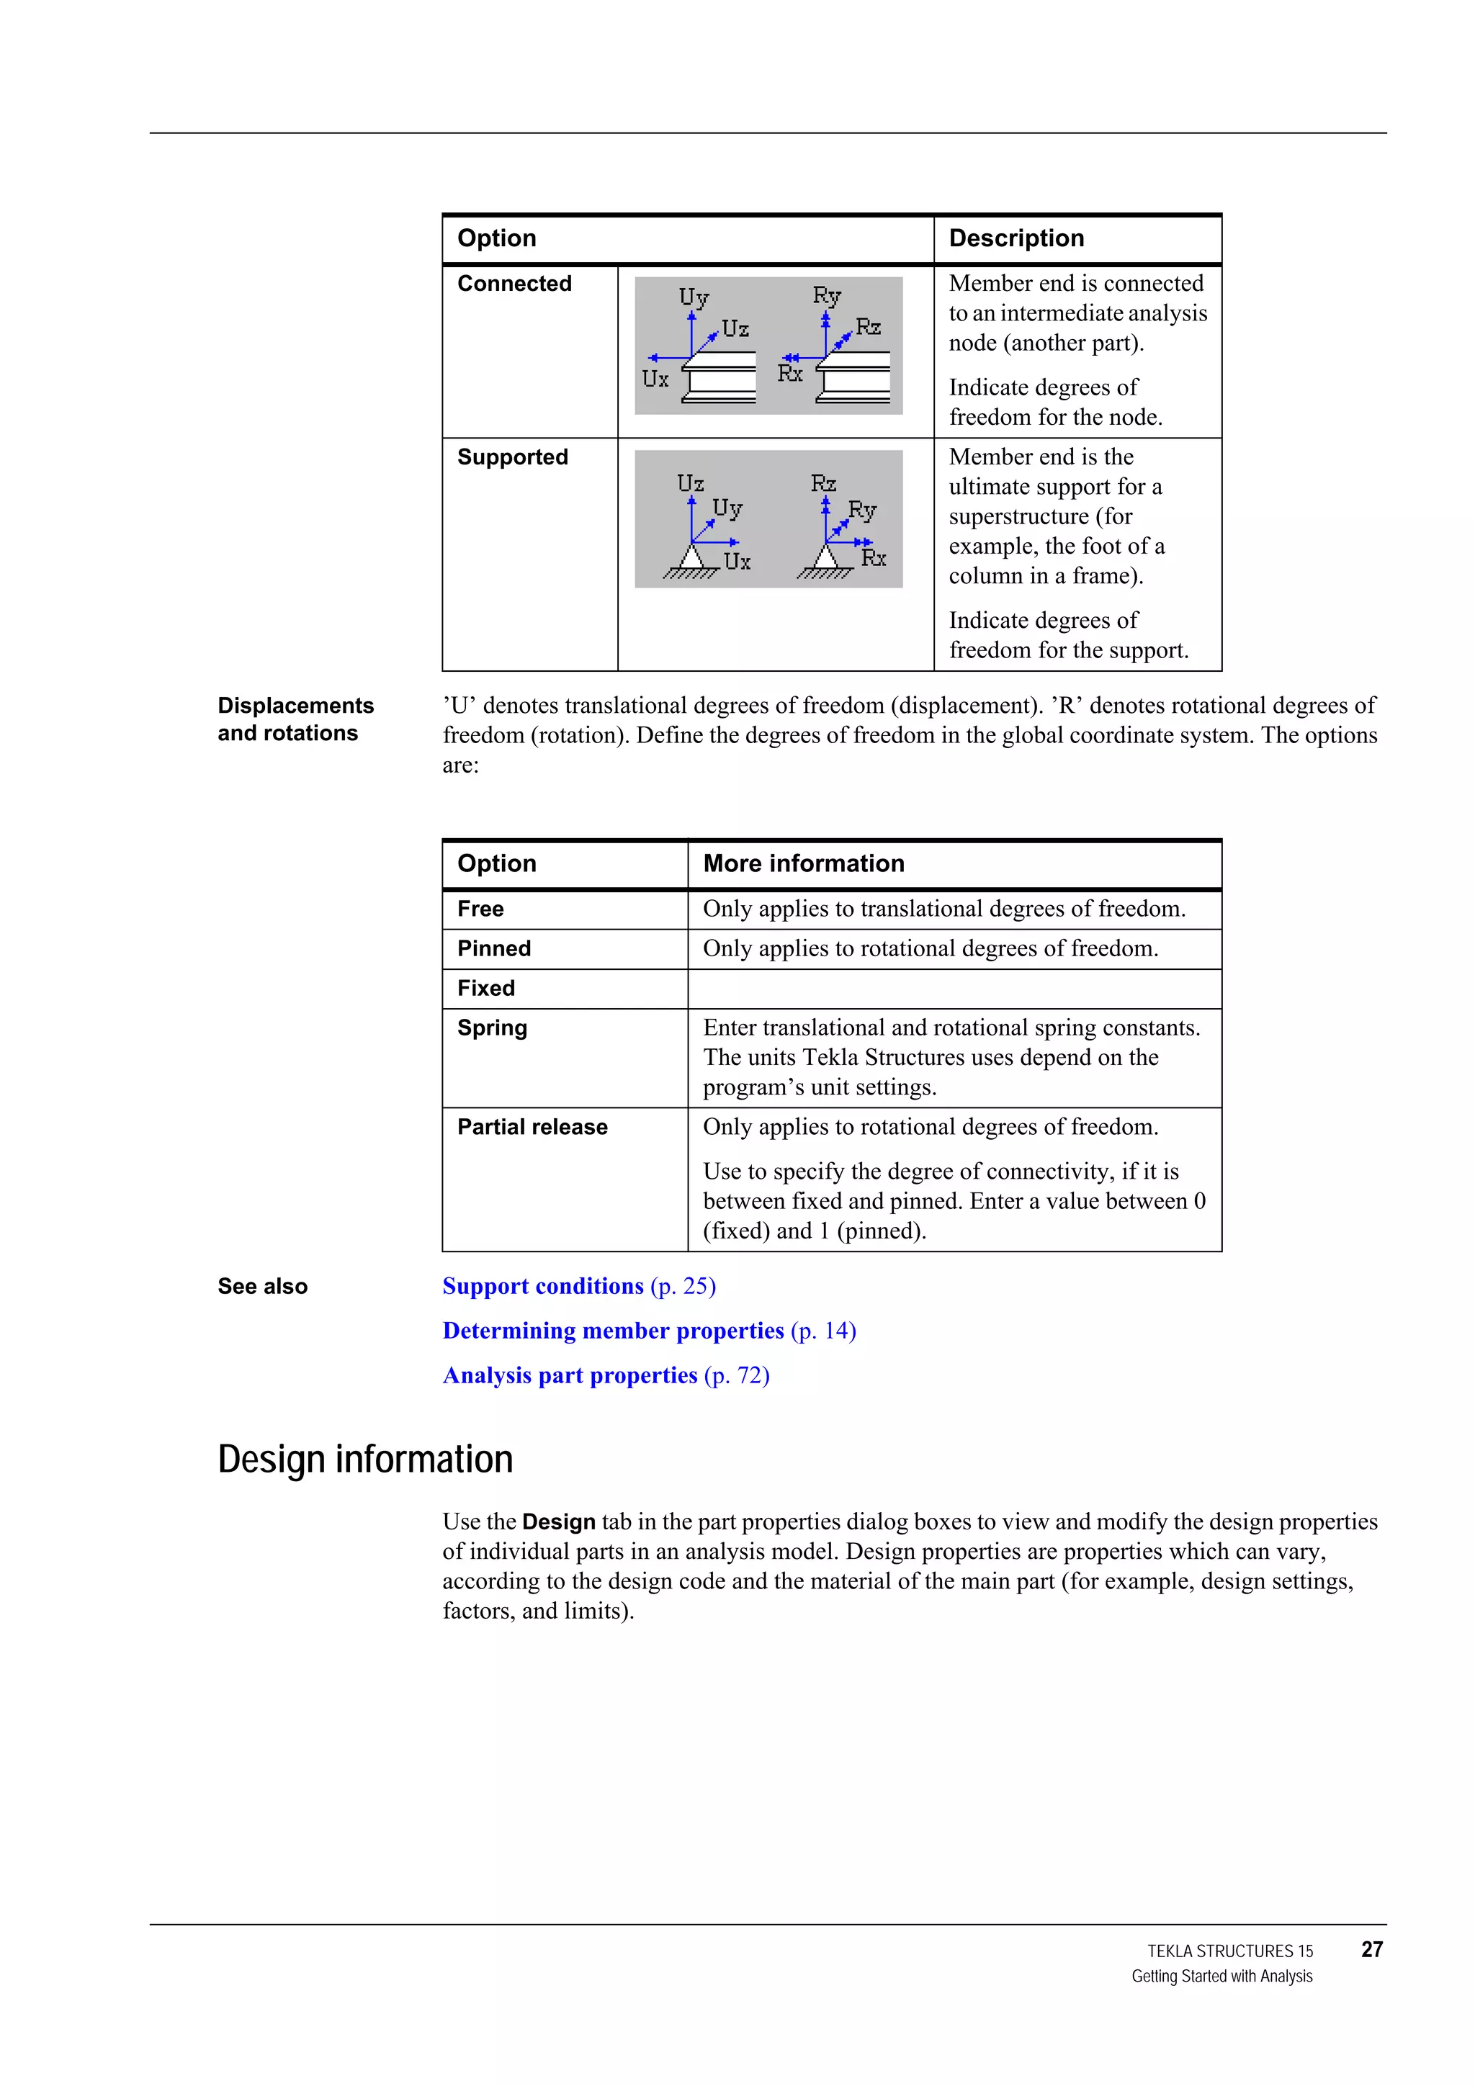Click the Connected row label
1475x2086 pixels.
click(514, 284)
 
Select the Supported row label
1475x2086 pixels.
click(513, 457)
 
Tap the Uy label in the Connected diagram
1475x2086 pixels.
click(694, 297)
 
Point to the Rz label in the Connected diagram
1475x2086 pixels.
click(868, 327)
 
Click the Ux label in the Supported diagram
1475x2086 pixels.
click(737, 562)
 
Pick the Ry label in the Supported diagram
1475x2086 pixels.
click(861, 511)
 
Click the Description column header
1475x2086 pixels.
click(1016, 238)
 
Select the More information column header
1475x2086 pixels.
click(803, 863)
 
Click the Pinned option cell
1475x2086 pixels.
click(493, 948)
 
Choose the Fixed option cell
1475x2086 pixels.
click(485, 989)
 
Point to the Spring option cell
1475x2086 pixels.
click(492, 1028)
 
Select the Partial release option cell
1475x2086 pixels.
click(532, 1127)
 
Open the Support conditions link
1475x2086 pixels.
click(542, 1287)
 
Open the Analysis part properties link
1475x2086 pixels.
click(570, 1375)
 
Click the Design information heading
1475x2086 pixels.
click(365, 1459)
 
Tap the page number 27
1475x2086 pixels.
click(1371, 1950)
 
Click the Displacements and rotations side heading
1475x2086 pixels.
click(295, 719)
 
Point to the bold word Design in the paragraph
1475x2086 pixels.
click(558, 1521)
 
